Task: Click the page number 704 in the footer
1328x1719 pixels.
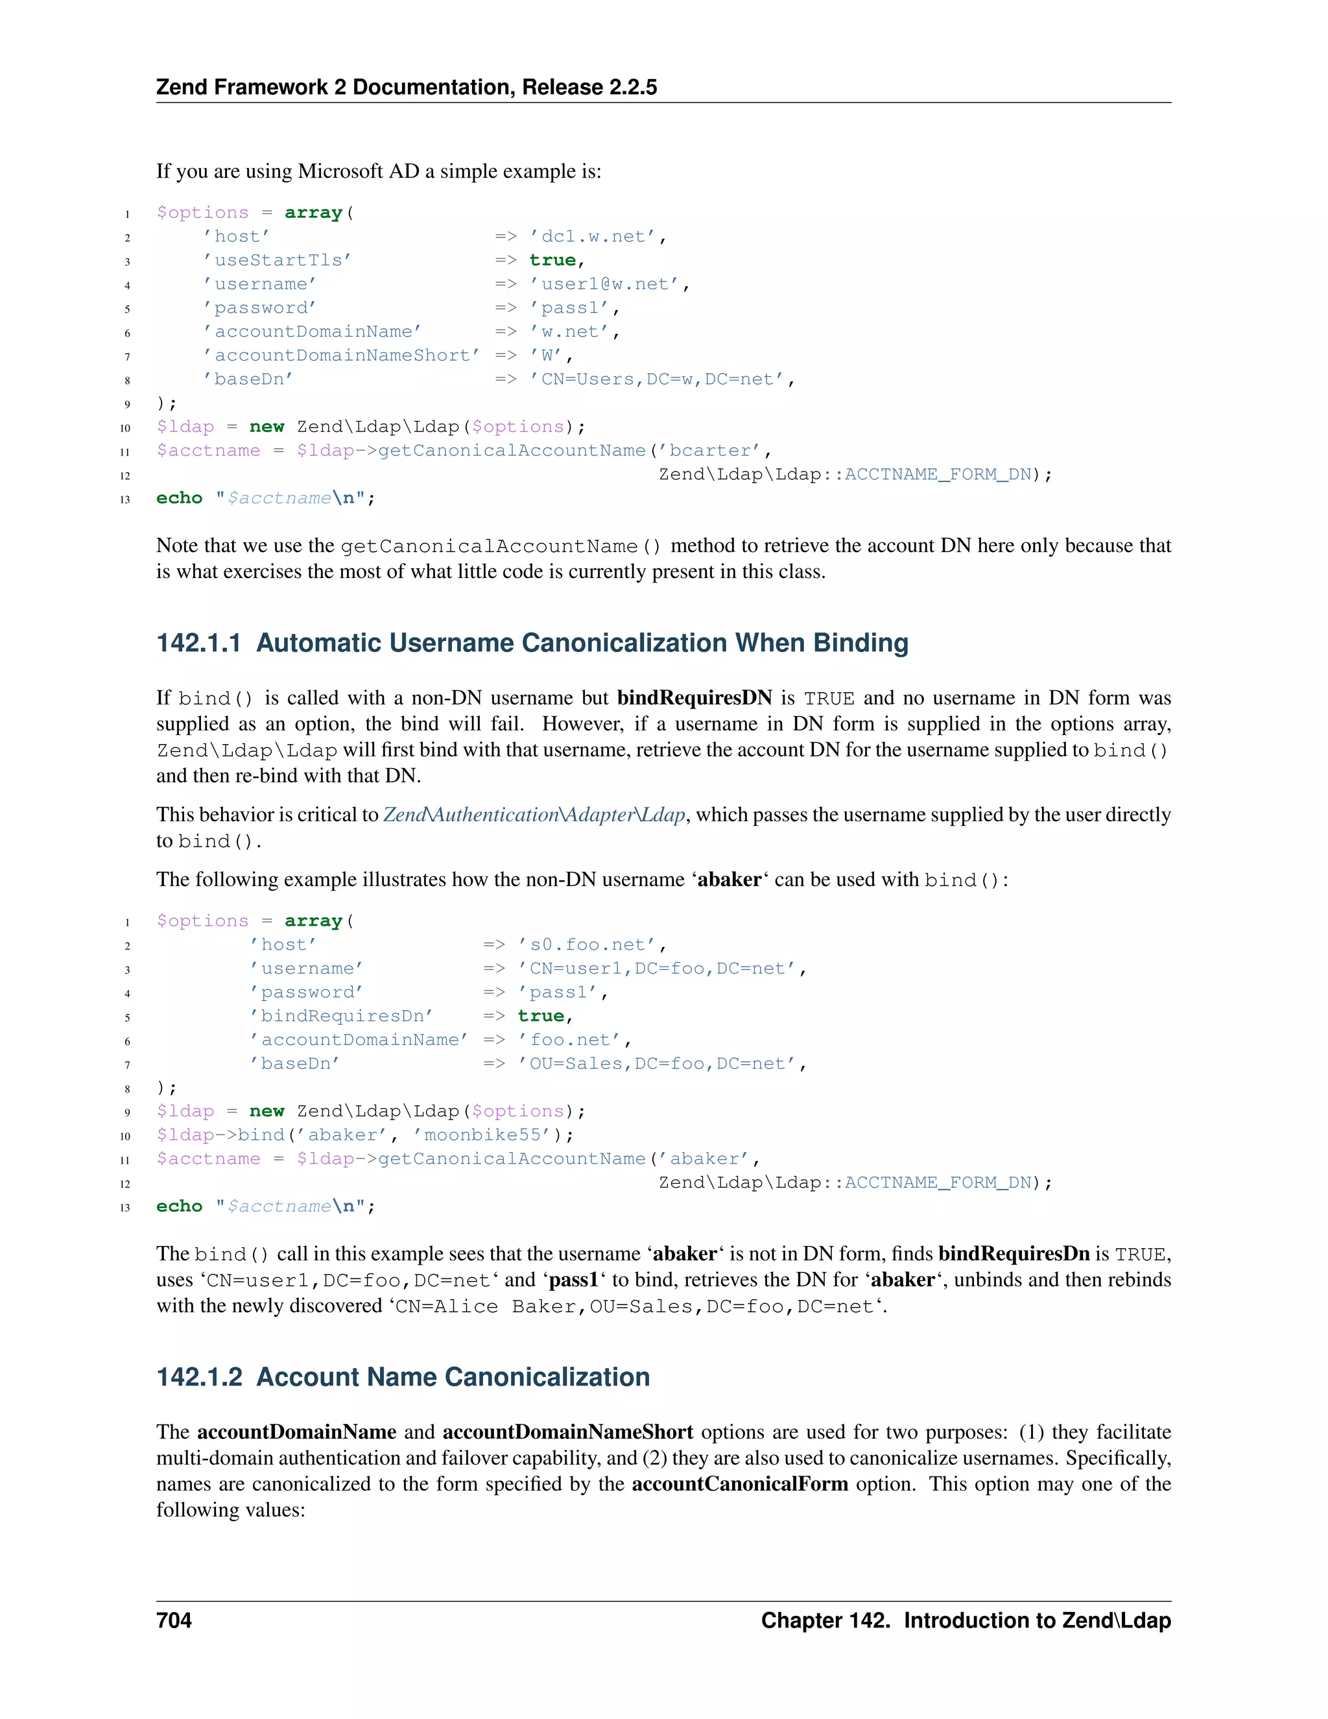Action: [174, 1620]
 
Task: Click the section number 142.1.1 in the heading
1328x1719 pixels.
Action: [198, 643]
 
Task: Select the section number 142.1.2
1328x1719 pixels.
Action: [199, 1376]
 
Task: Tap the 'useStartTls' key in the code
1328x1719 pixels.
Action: [277, 261]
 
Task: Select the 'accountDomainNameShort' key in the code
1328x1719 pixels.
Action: [340, 355]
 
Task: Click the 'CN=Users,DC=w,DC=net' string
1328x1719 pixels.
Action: [657, 379]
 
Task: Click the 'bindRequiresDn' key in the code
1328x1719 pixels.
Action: [342, 1016]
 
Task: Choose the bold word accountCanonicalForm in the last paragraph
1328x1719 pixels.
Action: [739, 1484]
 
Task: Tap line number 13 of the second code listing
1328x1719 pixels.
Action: [125, 1207]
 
